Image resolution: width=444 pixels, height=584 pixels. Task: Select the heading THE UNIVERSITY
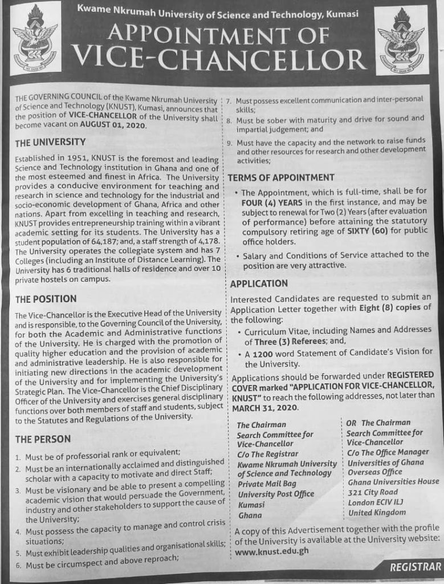click(x=50, y=141)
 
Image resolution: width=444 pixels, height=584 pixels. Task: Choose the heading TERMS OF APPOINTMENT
click(x=281, y=177)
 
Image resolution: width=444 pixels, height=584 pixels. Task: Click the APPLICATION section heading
click(x=258, y=283)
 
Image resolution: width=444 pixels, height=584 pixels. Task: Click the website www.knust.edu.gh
click(x=272, y=552)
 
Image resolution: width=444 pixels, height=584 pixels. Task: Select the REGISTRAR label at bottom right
click(x=416, y=567)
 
